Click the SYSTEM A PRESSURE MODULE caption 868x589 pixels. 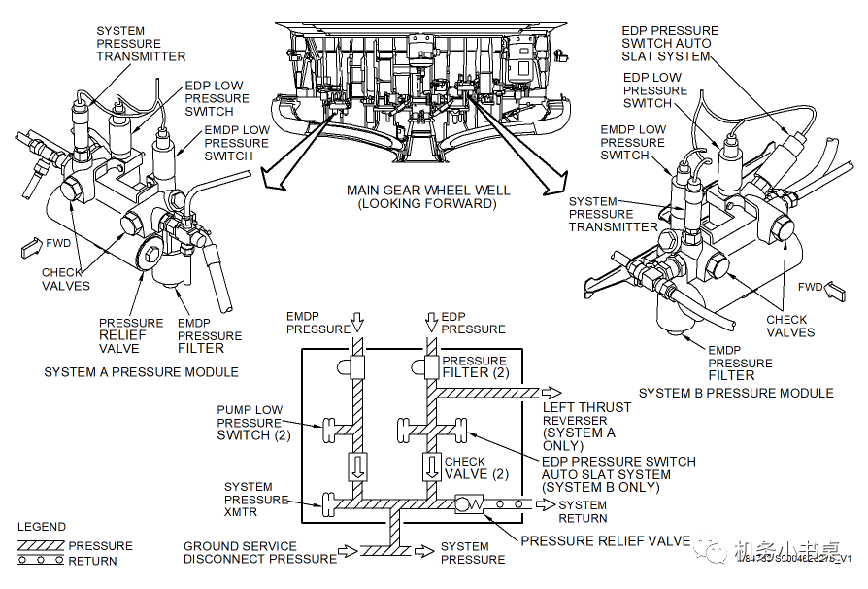pos(141,372)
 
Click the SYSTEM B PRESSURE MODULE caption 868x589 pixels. pos(736,393)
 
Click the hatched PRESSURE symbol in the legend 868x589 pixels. pos(41,546)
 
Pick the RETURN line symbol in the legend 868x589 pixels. pos(41,561)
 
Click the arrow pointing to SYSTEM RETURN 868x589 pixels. pos(545,505)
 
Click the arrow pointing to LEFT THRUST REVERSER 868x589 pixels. pos(551,392)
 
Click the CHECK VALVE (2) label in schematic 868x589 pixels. pos(476,468)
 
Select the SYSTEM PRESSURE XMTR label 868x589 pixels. pos(256,500)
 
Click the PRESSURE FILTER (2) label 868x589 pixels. pos(475,367)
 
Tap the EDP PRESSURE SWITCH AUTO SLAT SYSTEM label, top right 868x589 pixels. pos(670,43)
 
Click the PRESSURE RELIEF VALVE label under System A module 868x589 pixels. pos(131,335)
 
